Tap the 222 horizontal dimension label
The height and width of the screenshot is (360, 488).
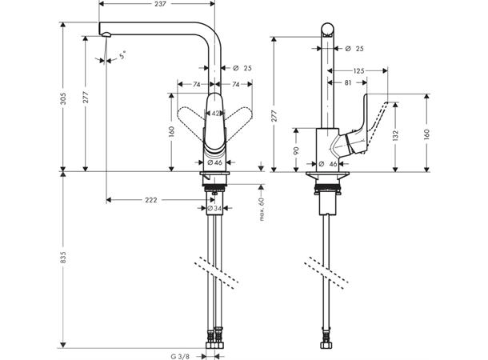[x=151, y=199]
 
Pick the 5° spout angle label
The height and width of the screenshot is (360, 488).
[x=122, y=57]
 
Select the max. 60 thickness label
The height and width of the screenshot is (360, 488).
[x=262, y=206]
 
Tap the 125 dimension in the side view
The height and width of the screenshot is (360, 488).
[x=358, y=71]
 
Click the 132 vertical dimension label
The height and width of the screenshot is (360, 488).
[x=395, y=136]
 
